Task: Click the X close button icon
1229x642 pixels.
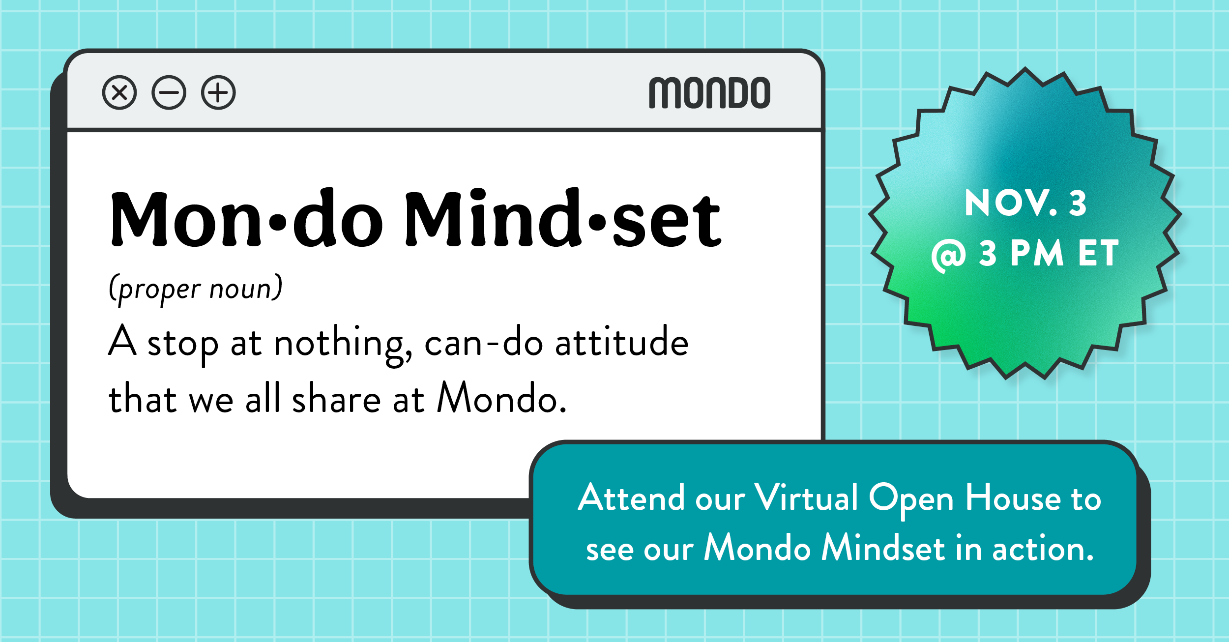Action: tap(119, 92)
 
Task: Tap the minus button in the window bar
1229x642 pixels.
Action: tap(169, 92)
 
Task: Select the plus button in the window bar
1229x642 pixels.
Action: tap(218, 92)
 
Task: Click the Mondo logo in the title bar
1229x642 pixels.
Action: tap(709, 92)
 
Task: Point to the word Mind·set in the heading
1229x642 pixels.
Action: tap(563, 218)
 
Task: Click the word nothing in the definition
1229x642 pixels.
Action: tap(343, 344)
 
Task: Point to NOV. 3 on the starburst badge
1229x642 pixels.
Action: tap(1025, 203)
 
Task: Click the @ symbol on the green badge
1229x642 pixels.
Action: tap(948, 256)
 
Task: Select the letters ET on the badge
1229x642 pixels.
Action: tap(1098, 253)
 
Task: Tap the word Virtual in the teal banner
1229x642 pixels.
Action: tap(806, 497)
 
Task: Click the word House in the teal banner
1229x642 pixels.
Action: tap(1013, 497)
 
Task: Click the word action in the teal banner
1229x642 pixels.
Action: tap(1043, 548)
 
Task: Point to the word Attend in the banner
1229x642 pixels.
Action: tap(631, 497)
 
